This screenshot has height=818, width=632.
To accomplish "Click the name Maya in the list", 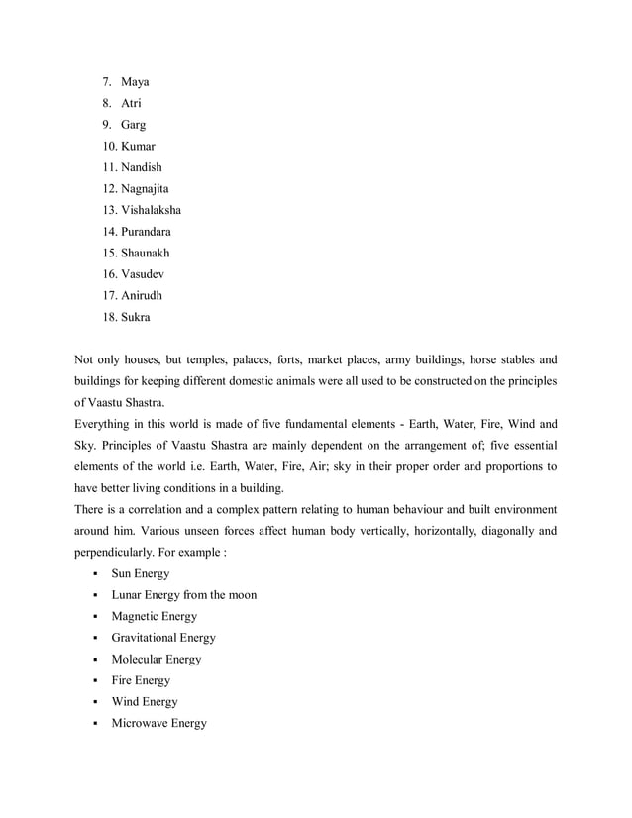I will coord(135,81).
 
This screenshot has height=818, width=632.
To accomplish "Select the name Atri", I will coord(132,103).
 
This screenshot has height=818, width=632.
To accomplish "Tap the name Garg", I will coord(134,125).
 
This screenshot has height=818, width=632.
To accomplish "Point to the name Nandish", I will coord(142,167).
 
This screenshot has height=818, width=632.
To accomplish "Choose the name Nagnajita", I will coord(150,188).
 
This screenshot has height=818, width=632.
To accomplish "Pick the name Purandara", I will coord(147,232).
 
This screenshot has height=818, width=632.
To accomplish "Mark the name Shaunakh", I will coord(146,253).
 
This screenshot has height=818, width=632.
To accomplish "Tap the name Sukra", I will coord(137,317).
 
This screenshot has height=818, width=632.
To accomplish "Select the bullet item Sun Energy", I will coord(141,573).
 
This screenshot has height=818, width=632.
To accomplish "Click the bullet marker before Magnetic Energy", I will coord(92,617).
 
